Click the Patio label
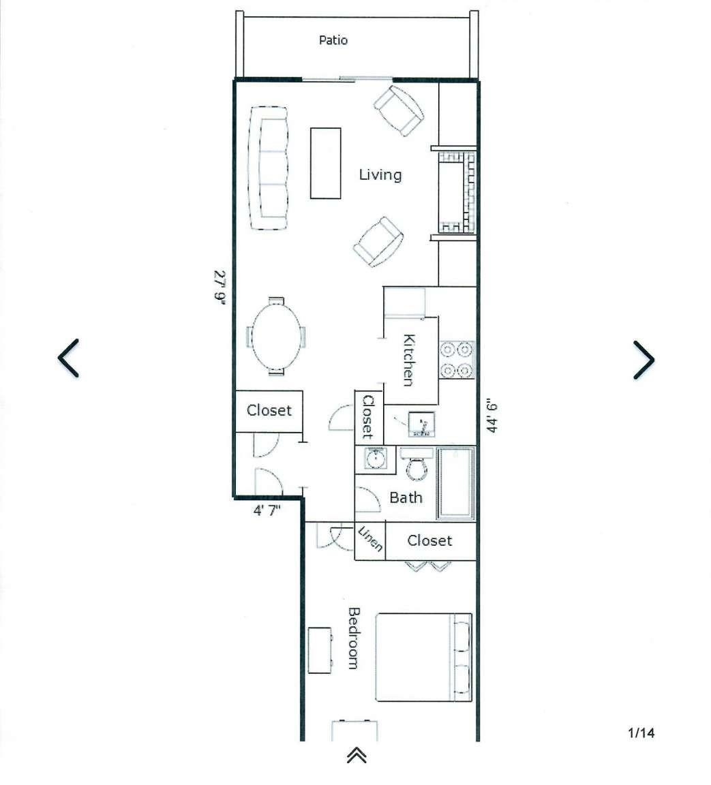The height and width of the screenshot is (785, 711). tap(333, 40)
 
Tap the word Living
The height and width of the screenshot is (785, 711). tap(380, 174)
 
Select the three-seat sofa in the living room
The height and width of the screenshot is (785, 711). tap(269, 168)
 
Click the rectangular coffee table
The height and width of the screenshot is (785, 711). tap(325, 164)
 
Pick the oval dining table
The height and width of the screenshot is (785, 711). tap(276, 336)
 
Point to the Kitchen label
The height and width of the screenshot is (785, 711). tap(409, 360)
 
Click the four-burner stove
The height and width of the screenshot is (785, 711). tap(457, 360)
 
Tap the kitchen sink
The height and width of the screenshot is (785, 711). tap(421, 424)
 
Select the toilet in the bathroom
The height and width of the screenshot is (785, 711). tap(416, 464)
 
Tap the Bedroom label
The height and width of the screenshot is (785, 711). tap(354, 638)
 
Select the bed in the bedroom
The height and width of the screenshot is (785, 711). tap(423, 657)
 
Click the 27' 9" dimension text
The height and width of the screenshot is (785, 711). tap(220, 286)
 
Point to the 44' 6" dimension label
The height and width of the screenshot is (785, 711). tap(491, 415)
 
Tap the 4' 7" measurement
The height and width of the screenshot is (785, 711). tap(267, 511)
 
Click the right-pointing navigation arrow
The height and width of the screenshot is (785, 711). tap(644, 360)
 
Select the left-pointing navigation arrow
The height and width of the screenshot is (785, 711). tap(68, 358)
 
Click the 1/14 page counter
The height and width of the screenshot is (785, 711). tap(641, 733)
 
